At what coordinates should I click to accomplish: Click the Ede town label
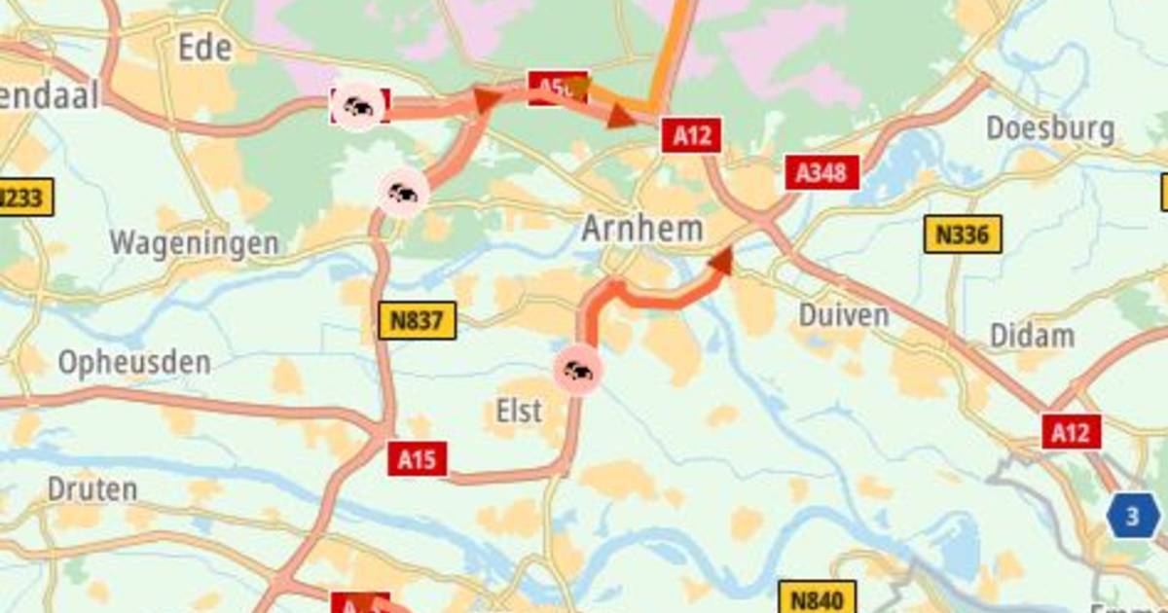[204, 47]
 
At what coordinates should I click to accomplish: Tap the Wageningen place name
[194, 243]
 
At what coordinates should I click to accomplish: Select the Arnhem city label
[641, 229]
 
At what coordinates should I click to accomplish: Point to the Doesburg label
[1049, 128]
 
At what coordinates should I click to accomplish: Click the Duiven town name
[843, 314]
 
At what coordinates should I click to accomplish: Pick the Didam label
[1032, 336]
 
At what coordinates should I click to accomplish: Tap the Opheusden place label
[133, 363]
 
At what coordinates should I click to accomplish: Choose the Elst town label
[519, 411]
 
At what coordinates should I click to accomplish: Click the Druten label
[92, 488]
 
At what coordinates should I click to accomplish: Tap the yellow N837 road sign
[417, 321]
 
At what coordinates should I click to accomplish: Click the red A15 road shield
[418, 458]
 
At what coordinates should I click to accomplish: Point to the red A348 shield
[822, 173]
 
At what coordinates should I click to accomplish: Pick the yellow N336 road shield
[962, 234]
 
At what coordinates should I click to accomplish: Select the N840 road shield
[817, 596]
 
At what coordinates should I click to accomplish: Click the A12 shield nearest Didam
[1072, 431]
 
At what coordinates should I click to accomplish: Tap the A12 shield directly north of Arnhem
[691, 135]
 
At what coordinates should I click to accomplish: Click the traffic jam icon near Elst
[578, 370]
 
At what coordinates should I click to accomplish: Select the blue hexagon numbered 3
[1132, 516]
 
